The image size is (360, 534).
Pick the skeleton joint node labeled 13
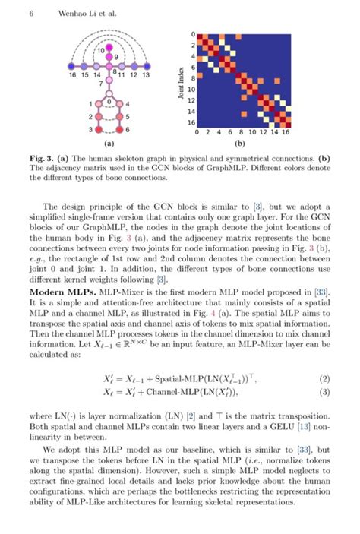pos(146,67)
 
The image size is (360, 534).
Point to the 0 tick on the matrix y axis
pos(194,34)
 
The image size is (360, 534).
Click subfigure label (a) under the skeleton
pos(109,143)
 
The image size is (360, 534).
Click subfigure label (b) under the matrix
pos(240,143)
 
